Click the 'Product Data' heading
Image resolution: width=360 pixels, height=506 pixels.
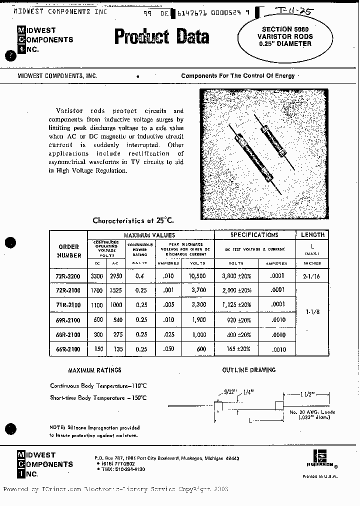[x=161, y=37]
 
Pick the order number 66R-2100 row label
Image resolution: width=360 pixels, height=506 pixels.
[x=69, y=348]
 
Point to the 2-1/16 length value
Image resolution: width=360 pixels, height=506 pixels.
[x=312, y=276]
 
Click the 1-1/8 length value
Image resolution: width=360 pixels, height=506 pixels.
[x=312, y=311]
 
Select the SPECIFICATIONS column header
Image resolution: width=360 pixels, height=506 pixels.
[x=254, y=234]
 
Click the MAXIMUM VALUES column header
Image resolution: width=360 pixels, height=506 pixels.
[x=149, y=235]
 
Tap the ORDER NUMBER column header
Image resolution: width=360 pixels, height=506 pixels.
[x=69, y=251]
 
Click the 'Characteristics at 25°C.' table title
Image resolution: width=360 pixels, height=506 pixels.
[x=133, y=220]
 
